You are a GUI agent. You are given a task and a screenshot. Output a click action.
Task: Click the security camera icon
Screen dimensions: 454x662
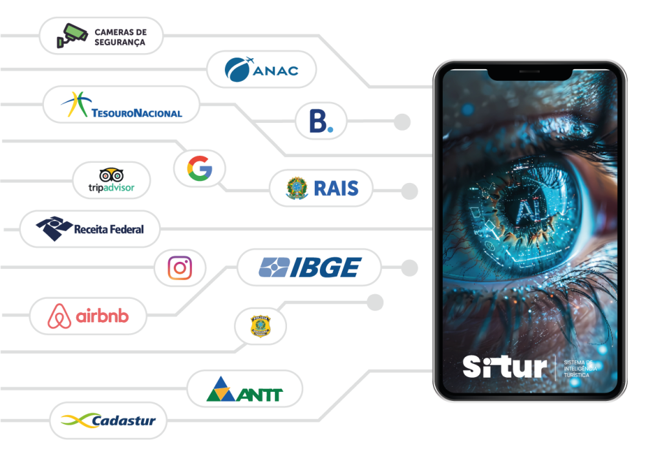pos(71,36)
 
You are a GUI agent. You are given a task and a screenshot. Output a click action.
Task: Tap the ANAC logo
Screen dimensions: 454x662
pos(261,69)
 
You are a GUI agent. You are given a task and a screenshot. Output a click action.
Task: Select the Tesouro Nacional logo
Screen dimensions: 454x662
pos(122,105)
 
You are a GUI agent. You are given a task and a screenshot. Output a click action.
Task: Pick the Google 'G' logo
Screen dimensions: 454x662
pos(200,168)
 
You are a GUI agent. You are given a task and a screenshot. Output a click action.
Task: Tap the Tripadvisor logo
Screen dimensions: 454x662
pos(111,180)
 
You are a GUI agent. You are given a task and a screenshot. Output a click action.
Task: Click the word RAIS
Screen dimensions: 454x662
pos(335,188)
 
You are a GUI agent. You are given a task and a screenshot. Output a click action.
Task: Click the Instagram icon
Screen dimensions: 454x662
pos(180,268)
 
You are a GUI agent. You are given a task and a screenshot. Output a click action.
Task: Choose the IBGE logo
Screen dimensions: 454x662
pos(309,267)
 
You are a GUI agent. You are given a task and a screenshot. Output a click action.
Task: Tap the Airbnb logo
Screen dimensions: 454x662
pos(88,316)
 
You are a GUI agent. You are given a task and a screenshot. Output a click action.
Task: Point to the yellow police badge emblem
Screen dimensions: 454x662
pos(260,325)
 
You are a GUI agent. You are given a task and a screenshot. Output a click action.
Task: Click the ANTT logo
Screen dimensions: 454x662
pos(244,389)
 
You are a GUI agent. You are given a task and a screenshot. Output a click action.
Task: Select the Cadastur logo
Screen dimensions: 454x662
pos(108,421)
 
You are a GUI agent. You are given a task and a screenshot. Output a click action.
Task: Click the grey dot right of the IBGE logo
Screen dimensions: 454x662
pos(409,267)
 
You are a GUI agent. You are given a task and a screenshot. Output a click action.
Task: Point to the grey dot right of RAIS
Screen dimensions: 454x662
pos(409,191)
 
